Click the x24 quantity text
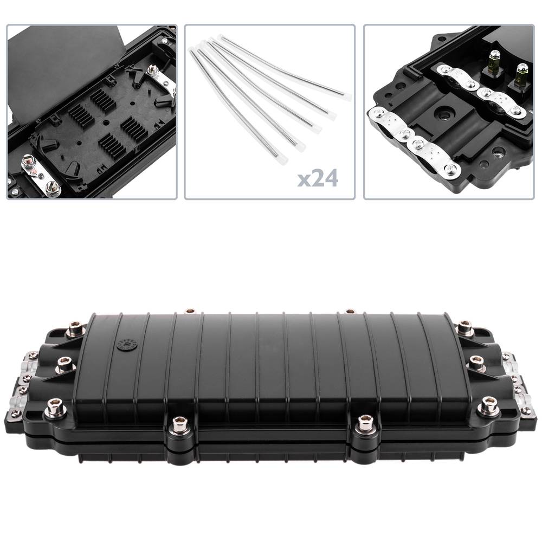tap(318, 179)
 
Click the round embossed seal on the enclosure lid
tap(127, 344)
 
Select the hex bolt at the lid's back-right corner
tap(466, 328)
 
